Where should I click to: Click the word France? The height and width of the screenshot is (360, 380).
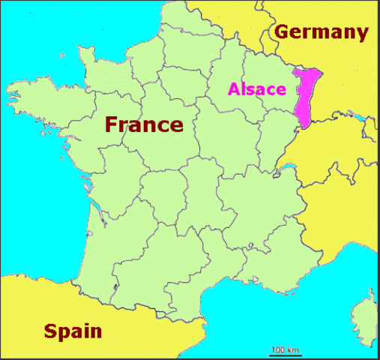point(144,124)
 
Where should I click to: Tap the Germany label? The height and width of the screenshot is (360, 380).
point(321,32)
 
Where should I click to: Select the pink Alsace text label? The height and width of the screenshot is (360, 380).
point(257,89)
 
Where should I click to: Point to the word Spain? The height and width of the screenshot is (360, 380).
point(73,330)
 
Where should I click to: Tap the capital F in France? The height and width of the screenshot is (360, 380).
point(113,124)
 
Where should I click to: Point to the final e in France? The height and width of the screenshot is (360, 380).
point(175,125)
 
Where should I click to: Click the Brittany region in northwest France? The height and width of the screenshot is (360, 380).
point(45,101)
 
